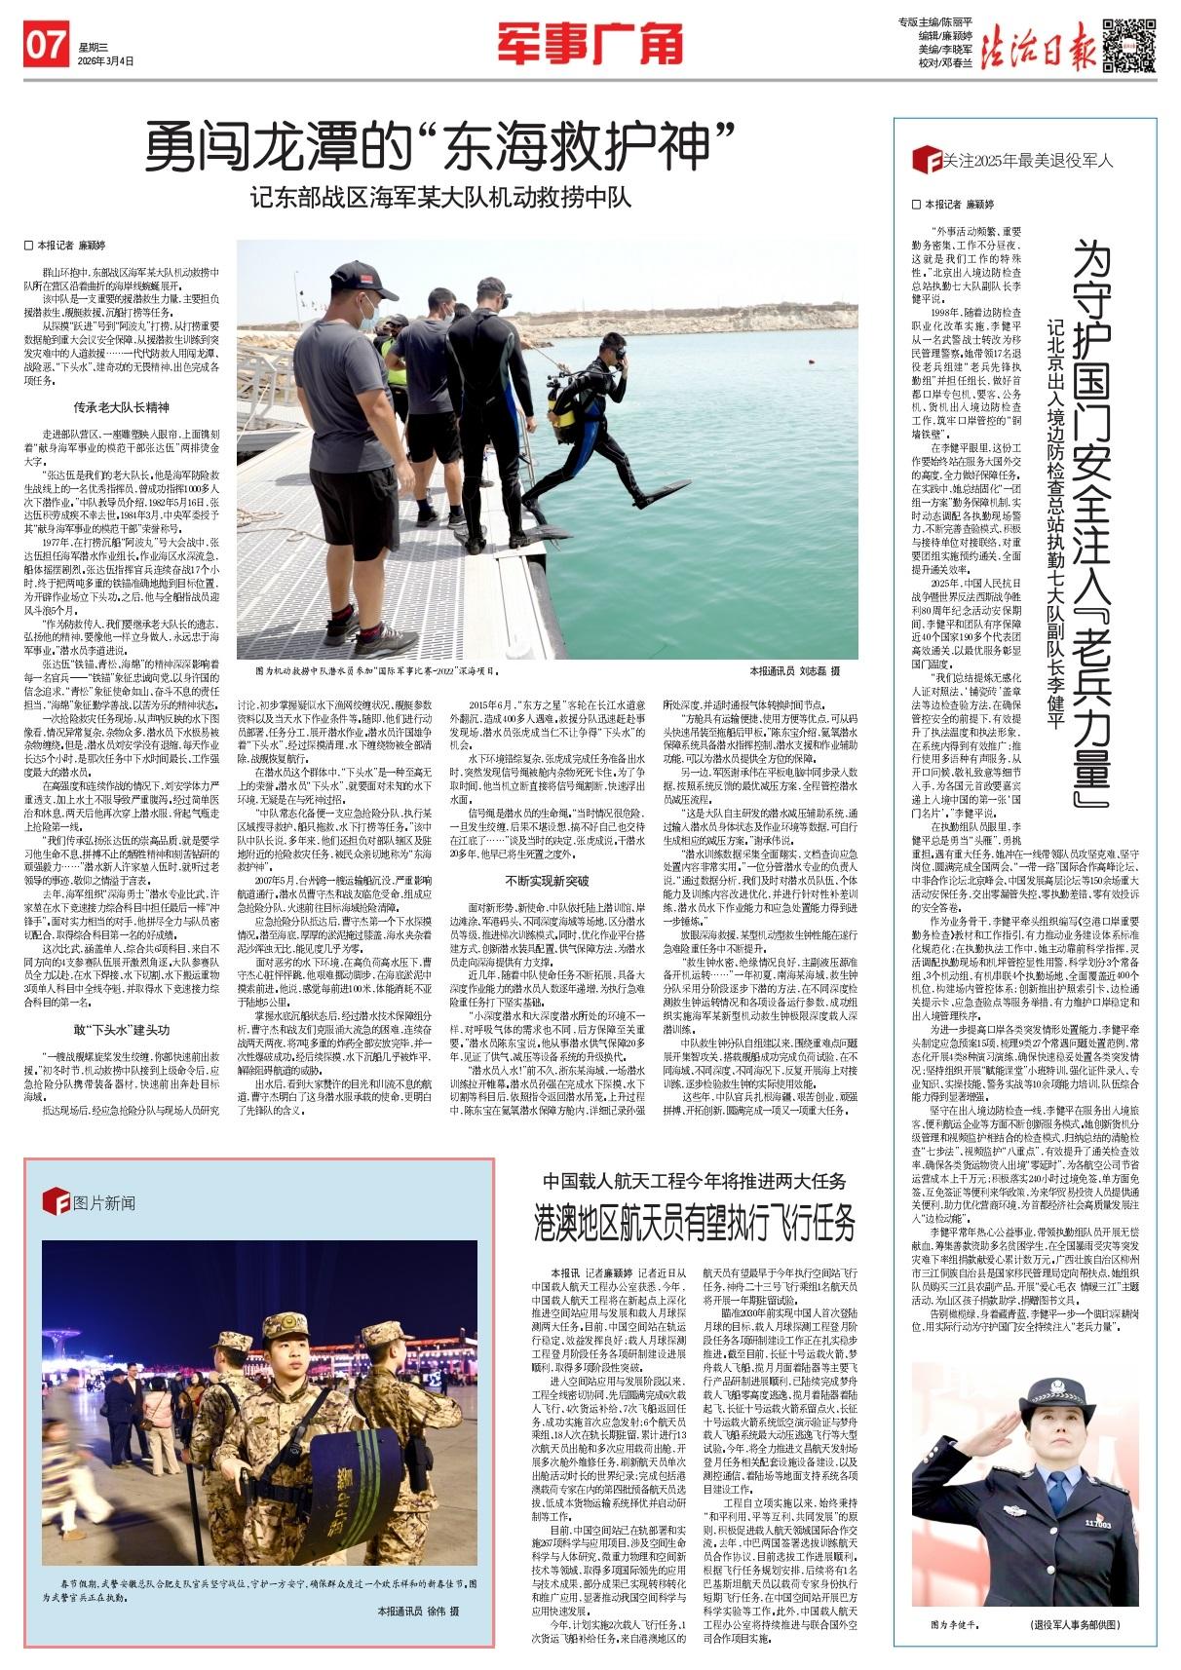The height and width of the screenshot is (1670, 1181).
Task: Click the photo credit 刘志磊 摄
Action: tap(794, 671)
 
